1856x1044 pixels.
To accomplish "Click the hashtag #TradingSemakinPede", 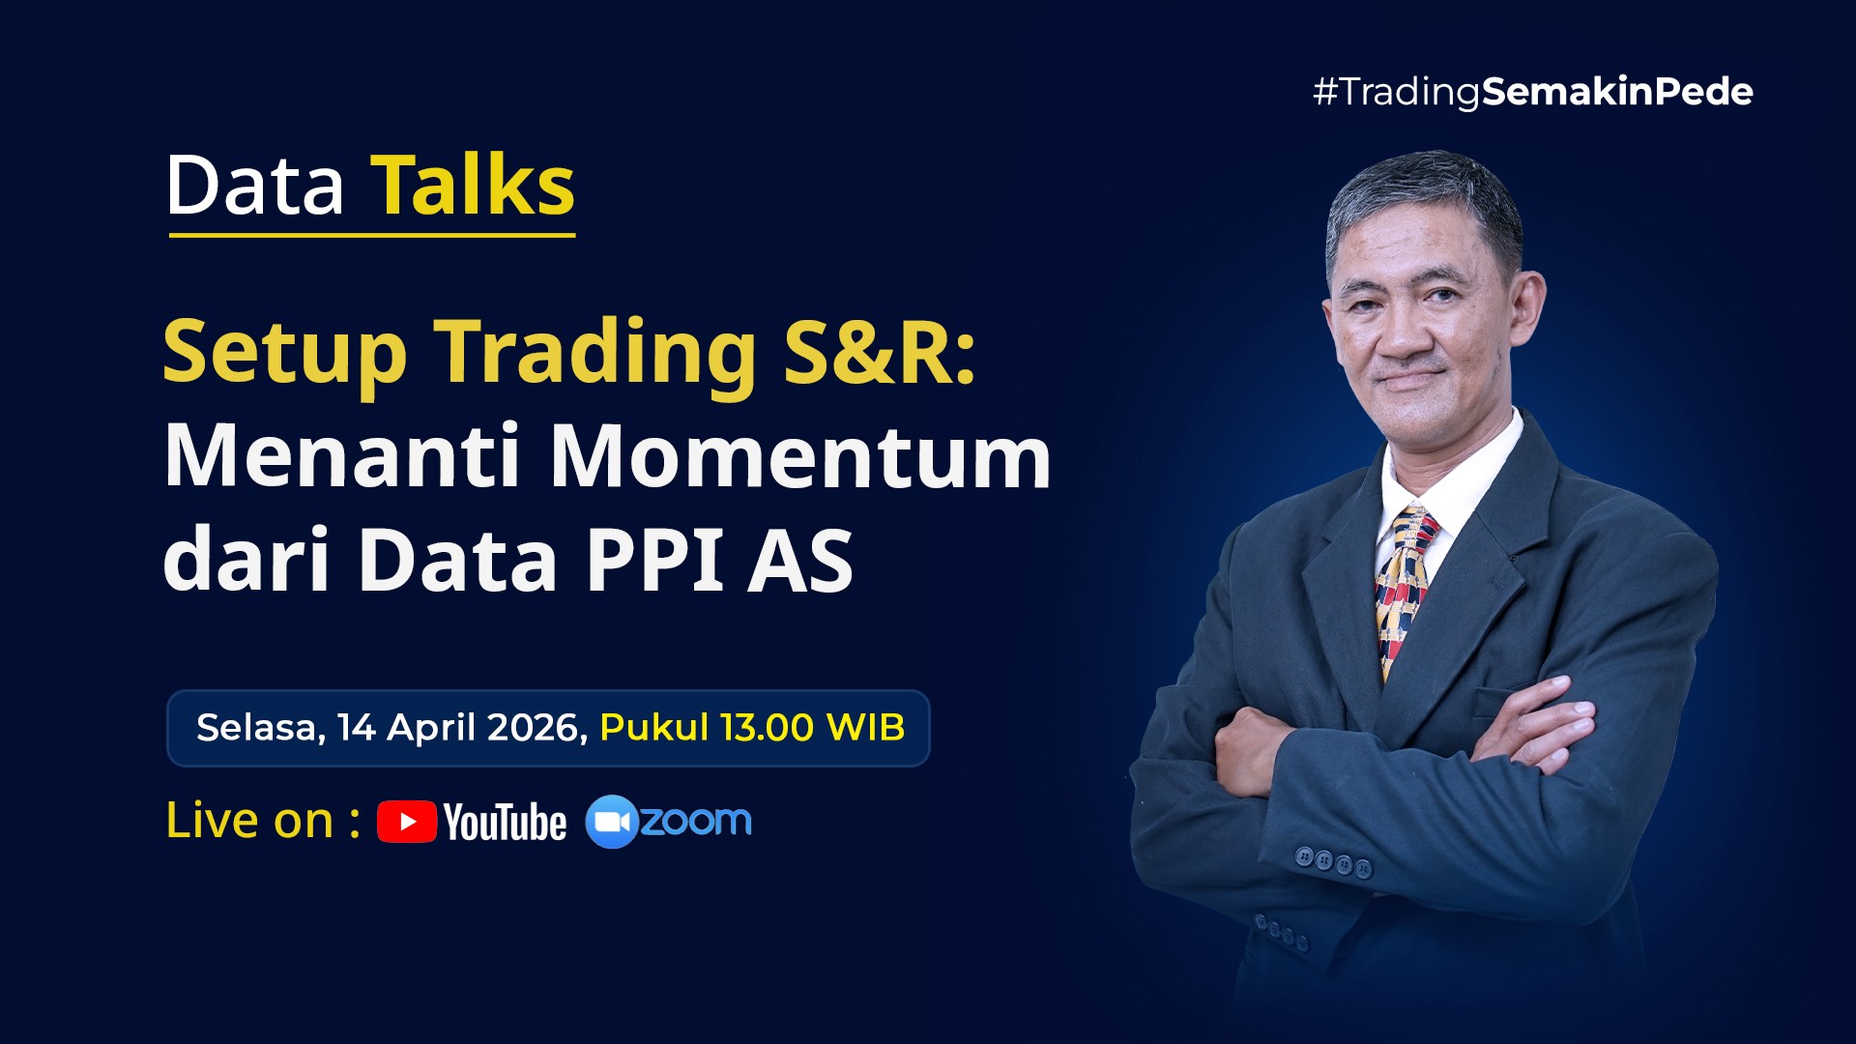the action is (x=1533, y=92).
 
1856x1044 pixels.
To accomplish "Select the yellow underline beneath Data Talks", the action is (x=372, y=234).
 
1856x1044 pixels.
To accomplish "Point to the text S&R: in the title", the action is (x=881, y=352).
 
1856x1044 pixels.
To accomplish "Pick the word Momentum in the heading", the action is (x=800, y=456).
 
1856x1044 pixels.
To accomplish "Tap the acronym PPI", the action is (x=655, y=560).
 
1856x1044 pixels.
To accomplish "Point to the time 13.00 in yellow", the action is (x=768, y=727).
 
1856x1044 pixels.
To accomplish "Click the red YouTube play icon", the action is (x=407, y=822).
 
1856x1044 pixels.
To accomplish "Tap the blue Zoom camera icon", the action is (x=612, y=822).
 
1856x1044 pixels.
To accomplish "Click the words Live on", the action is (x=250, y=821).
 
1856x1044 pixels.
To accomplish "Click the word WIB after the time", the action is (x=865, y=727).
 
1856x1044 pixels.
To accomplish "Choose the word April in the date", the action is (x=432, y=729).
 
